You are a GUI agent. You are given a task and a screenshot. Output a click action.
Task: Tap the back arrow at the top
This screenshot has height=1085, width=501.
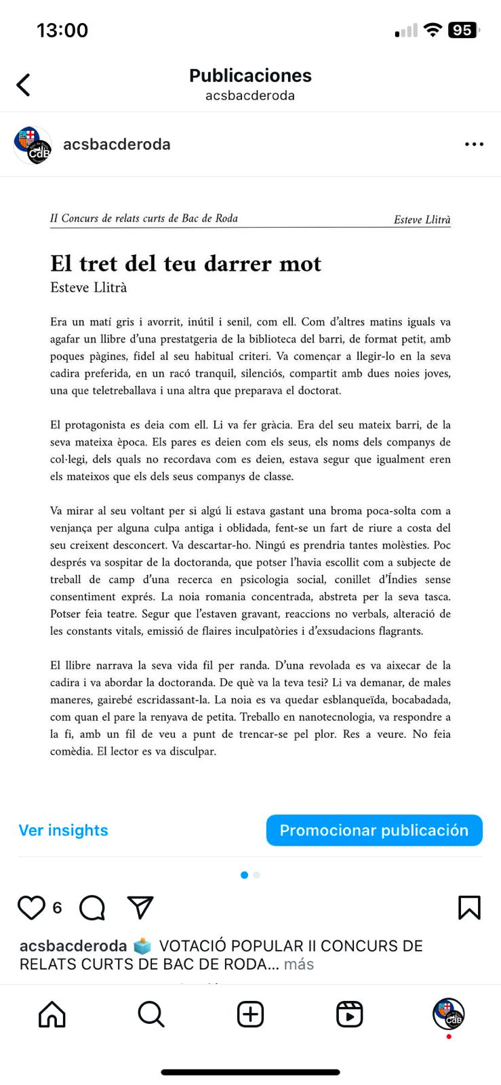[24, 85]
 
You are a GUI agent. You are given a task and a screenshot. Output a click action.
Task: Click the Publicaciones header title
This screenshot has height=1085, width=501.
[250, 75]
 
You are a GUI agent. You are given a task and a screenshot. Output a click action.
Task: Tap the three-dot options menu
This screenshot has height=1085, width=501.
[474, 144]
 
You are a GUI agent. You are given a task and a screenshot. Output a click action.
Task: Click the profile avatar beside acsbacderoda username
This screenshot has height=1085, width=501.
[33, 144]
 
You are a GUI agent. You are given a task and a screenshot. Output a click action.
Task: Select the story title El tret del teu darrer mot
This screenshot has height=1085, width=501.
[186, 263]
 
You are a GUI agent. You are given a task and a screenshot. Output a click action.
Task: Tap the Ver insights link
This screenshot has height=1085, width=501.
[63, 830]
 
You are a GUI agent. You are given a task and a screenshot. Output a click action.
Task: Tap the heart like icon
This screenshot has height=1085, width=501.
[31, 907]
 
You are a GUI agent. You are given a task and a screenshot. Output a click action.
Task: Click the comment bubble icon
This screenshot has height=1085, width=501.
[92, 907]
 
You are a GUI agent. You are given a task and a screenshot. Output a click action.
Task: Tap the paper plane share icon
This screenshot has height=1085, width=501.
[140, 907]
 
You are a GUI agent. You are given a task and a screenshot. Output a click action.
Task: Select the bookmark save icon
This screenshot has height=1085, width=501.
[469, 907]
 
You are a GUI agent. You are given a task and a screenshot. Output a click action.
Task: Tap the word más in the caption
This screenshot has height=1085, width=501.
[299, 964]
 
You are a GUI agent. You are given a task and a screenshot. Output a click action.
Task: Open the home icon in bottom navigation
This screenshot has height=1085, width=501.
[52, 1014]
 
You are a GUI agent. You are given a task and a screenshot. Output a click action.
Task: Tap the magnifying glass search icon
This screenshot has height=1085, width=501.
[151, 1014]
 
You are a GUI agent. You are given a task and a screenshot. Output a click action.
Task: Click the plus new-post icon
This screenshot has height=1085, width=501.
[250, 1014]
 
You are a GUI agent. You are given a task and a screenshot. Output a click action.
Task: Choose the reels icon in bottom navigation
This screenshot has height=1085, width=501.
[350, 1014]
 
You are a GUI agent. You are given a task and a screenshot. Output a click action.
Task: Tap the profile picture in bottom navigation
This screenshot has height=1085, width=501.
[449, 1014]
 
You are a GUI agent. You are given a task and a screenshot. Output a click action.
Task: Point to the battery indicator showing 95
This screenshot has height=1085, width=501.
[462, 30]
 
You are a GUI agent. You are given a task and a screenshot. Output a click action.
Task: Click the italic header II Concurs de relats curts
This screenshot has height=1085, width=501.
[144, 218]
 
